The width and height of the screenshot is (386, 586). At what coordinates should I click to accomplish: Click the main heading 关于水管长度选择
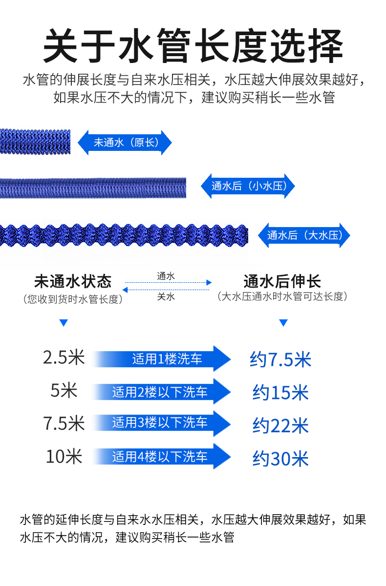(193, 46)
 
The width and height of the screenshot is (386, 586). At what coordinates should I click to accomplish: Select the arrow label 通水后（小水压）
(248, 186)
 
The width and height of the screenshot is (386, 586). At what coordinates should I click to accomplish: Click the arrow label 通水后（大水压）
(303, 235)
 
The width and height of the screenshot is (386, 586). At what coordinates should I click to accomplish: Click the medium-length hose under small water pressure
(93, 188)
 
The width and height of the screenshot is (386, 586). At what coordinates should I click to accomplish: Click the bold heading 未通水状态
(73, 281)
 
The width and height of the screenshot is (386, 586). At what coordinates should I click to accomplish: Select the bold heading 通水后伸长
(282, 281)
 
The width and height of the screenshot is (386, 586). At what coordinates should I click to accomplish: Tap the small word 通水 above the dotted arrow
(166, 276)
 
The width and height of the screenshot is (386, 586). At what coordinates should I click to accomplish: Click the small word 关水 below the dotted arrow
(166, 296)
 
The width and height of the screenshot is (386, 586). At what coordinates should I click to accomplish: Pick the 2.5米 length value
(64, 358)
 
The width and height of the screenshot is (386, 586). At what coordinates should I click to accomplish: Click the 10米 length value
(64, 457)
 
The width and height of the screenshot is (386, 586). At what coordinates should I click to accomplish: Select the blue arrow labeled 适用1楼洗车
(161, 359)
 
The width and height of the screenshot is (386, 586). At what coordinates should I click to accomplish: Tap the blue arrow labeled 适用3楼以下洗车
(161, 423)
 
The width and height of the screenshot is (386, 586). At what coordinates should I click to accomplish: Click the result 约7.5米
(280, 360)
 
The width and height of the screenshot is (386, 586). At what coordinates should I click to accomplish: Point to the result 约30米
(280, 459)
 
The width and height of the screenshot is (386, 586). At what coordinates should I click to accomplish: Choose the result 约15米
(280, 393)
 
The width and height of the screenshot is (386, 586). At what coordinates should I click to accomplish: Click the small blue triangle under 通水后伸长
(283, 323)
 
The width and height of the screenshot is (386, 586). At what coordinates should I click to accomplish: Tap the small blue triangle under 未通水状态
(63, 323)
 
